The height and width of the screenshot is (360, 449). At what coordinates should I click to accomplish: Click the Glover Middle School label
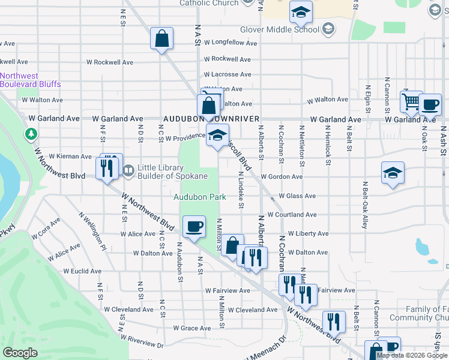(280, 29)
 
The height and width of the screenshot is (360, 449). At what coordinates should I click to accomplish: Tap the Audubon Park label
(199, 197)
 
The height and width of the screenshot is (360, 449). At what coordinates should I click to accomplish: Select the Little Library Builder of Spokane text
(173, 172)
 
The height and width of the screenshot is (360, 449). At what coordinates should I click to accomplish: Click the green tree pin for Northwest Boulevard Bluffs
(30, 133)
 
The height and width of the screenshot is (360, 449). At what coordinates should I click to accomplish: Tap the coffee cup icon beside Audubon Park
(193, 227)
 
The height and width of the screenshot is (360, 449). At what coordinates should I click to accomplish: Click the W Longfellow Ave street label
(230, 43)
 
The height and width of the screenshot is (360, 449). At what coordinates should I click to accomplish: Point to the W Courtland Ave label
(292, 215)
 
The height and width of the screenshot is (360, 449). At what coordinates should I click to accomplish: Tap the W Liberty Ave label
(308, 233)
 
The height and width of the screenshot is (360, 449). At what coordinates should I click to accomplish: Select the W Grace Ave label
(192, 328)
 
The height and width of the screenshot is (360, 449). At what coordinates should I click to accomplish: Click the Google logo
(20, 353)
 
